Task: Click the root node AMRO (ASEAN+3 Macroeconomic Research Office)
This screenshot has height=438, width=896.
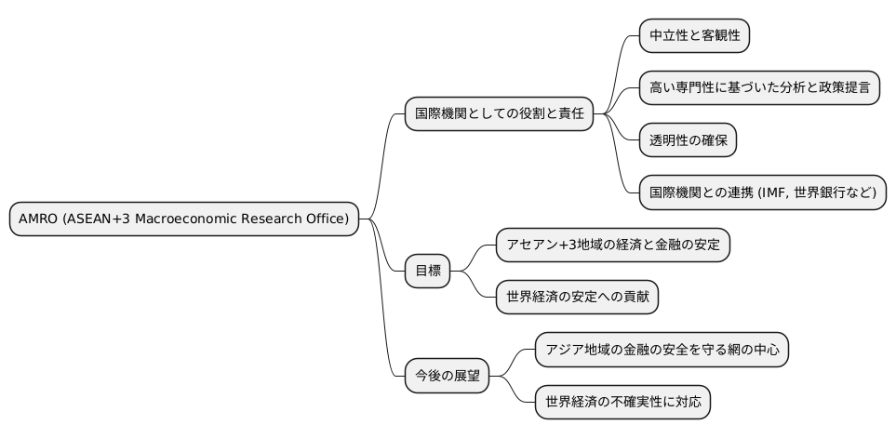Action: pyautogui.click(x=183, y=219)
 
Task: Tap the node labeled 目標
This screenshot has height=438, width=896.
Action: pyautogui.click(x=427, y=272)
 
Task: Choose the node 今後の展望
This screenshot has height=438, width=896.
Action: pyautogui.click(x=447, y=376)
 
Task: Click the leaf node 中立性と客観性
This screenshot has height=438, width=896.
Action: pyautogui.click(x=694, y=36)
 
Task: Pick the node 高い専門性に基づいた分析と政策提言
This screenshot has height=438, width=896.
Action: pyautogui.click(x=759, y=88)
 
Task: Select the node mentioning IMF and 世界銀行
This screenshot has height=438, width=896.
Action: pyautogui.click(x=763, y=192)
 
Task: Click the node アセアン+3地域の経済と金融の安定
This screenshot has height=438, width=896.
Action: pyautogui.click(x=613, y=245)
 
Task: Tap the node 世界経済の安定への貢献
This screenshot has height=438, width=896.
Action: pyautogui.click(x=582, y=297)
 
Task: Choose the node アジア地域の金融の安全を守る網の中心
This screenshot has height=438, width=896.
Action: pyautogui.click(x=662, y=350)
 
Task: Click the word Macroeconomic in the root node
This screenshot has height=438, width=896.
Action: pyautogui.click(x=192, y=219)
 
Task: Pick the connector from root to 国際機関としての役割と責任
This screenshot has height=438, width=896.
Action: pyautogui.click(x=383, y=158)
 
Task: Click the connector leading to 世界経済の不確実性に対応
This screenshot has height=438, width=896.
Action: pyautogui.click(x=514, y=391)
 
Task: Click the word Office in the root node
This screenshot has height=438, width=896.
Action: pyautogui.click(x=327, y=219)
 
